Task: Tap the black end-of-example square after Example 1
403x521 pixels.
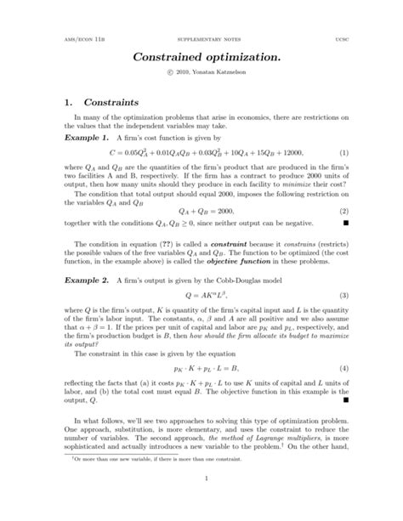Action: point(346,224)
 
